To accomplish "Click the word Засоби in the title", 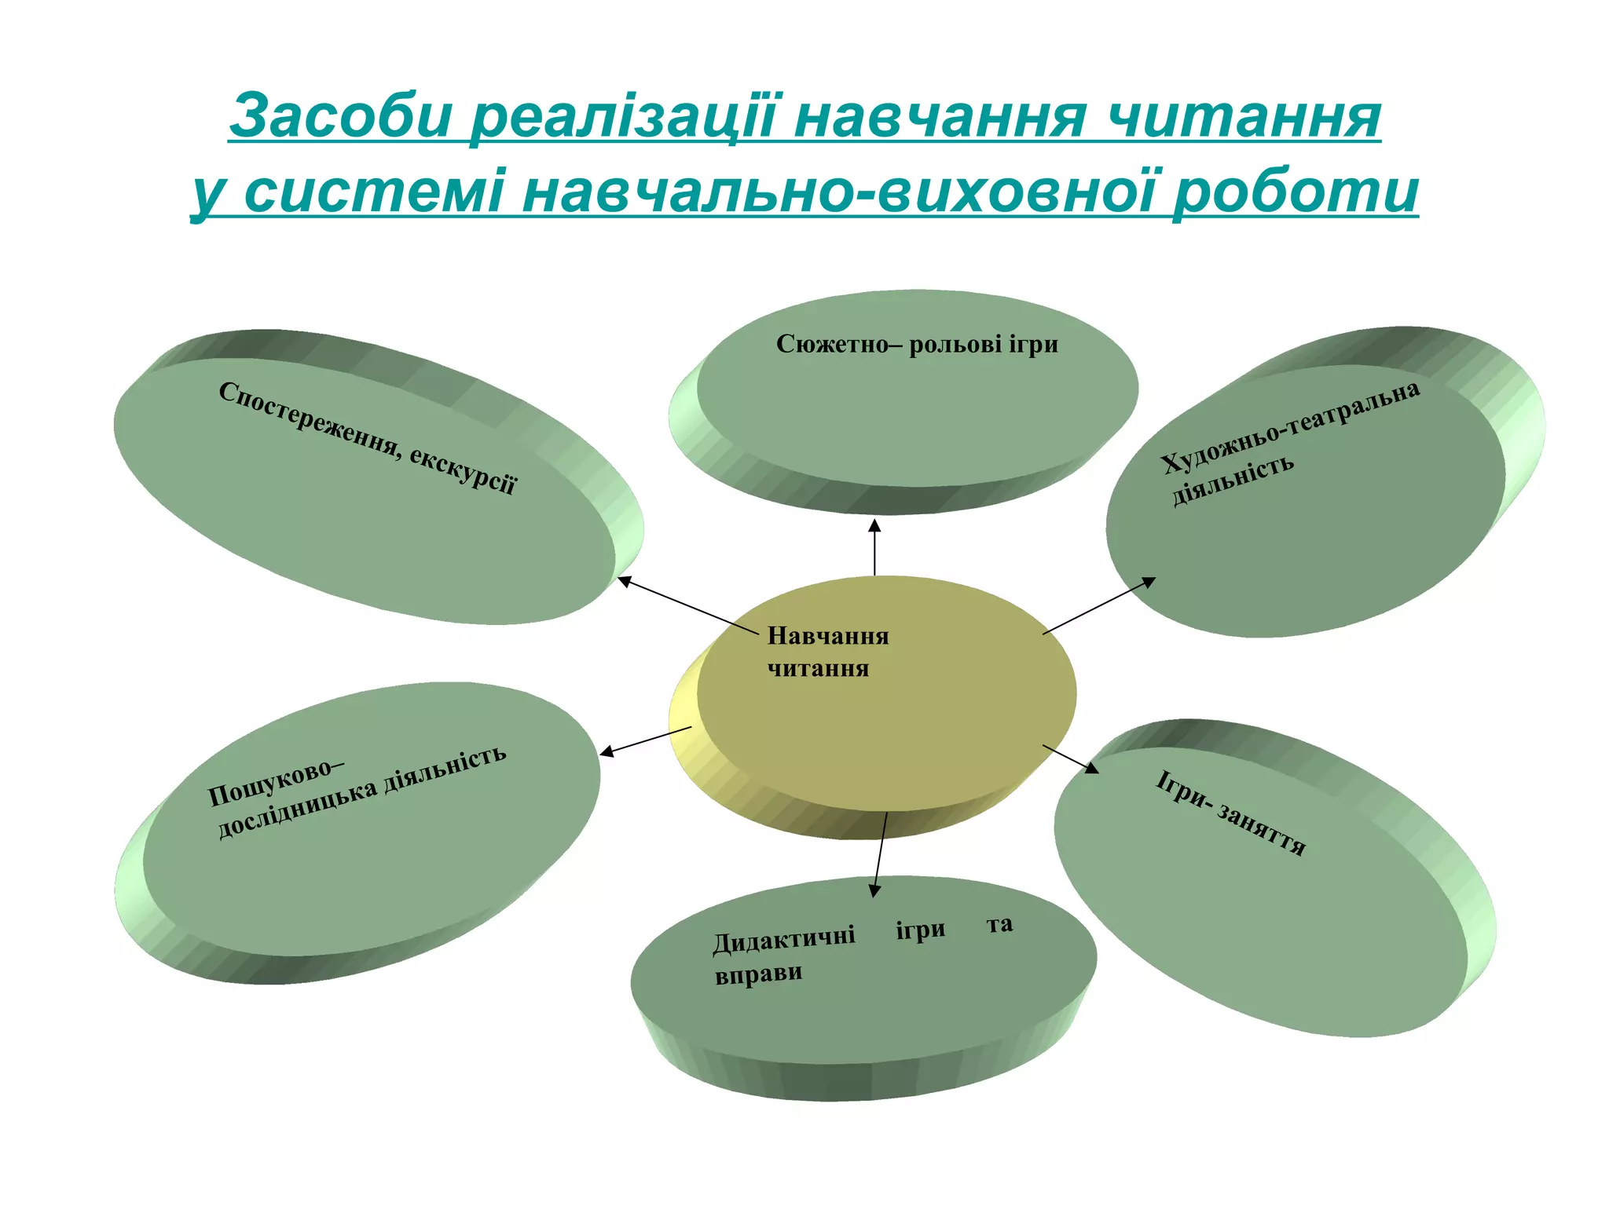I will [343, 116].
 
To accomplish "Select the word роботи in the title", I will [1296, 192].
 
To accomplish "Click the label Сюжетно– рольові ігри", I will [917, 344].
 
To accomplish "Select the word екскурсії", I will [463, 470].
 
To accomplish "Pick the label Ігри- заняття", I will [1230, 813].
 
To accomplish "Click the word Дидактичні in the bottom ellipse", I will [784, 938].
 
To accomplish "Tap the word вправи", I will [759, 974].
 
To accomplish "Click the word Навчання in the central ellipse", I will [828, 636].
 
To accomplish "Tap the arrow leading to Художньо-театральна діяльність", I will [1099, 605].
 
